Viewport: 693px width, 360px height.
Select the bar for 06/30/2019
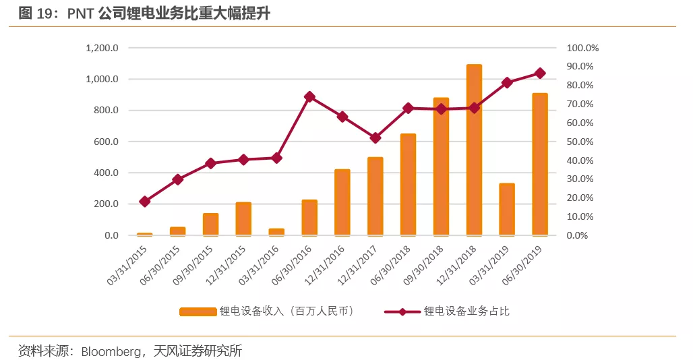tap(540, 164)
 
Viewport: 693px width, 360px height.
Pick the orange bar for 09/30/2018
tap(441, 167)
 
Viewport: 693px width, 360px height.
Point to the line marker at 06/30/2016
tap(309, 97)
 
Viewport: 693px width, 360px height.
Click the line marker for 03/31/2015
tap(145, 202)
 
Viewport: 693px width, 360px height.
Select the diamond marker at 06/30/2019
tap(540, 73)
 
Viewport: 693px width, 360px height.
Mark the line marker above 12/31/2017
tap(375, 138)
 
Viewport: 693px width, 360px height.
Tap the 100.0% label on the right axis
tap(582, 49)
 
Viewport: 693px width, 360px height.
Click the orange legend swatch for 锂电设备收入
tap(197, 311)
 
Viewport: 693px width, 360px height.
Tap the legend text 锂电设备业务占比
tap(471, 311)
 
